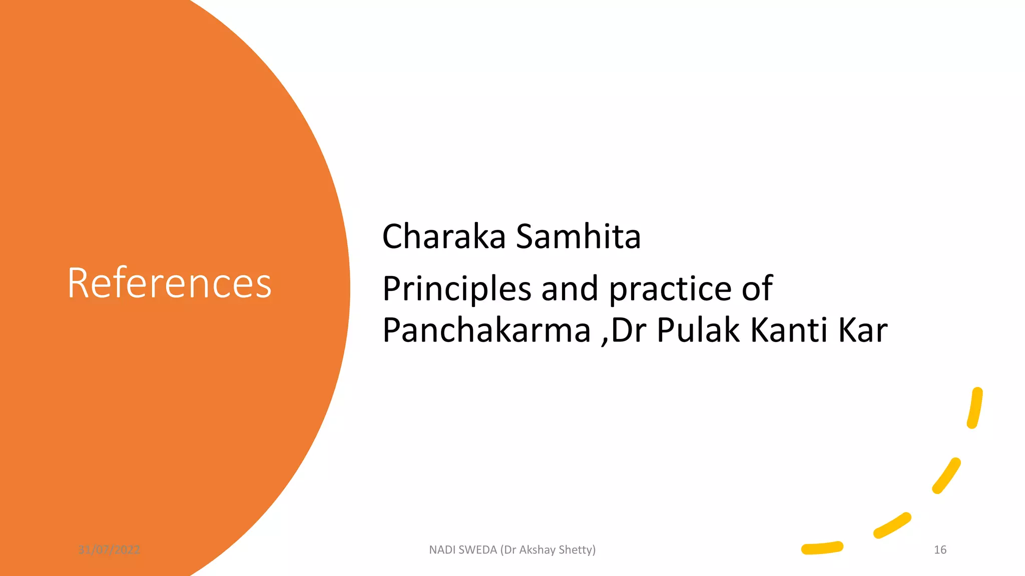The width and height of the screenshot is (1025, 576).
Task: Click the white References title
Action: click(x=169, y=283)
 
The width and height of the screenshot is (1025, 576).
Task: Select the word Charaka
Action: click(x=443, y=236)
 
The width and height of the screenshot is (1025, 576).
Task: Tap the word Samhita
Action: click(x=578, y=236)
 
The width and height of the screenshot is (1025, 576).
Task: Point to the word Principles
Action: click(x=456, y=289)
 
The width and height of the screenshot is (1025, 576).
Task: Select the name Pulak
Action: click(x=698, y=330)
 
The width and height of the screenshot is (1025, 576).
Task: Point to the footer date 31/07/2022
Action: click(x=109, y=550)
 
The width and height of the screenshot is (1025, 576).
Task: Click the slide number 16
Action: click(x=940, y=550)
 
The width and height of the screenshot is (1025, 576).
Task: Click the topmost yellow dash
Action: click(x=975, y=408)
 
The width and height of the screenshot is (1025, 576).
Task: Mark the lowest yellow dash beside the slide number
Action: click(x=822, y=548)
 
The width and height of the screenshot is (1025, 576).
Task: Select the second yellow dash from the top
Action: click(x=946, y=476)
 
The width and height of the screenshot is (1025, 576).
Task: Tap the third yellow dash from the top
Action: click(x=892, y=525)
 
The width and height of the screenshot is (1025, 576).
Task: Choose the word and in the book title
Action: click(x=570, y=289)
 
